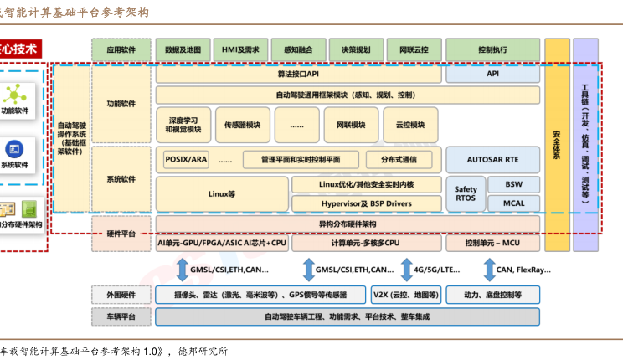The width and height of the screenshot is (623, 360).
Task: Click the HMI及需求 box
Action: (239, 49)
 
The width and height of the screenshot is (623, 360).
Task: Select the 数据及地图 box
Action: (183, 49)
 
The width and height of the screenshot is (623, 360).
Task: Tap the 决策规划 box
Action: (355, 49)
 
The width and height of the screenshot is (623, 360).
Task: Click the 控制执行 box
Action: (492, 49)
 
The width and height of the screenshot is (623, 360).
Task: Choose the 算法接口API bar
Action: (298, 74)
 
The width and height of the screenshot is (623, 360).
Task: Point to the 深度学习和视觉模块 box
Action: (183, 125)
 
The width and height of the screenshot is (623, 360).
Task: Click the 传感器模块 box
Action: (242, 125)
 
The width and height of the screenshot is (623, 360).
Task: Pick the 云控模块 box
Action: (409, 125)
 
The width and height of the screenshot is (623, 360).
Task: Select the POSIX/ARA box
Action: (186, 159)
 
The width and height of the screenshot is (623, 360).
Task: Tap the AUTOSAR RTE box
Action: (492, 159)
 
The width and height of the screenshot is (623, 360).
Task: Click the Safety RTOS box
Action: (466, 193)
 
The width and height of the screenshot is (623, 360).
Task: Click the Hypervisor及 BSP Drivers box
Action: (367, 203)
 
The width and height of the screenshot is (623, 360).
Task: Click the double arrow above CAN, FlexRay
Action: (490, 270)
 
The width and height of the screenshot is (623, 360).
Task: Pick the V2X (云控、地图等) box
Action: (404, 295)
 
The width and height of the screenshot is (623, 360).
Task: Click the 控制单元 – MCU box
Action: (492, 244)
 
